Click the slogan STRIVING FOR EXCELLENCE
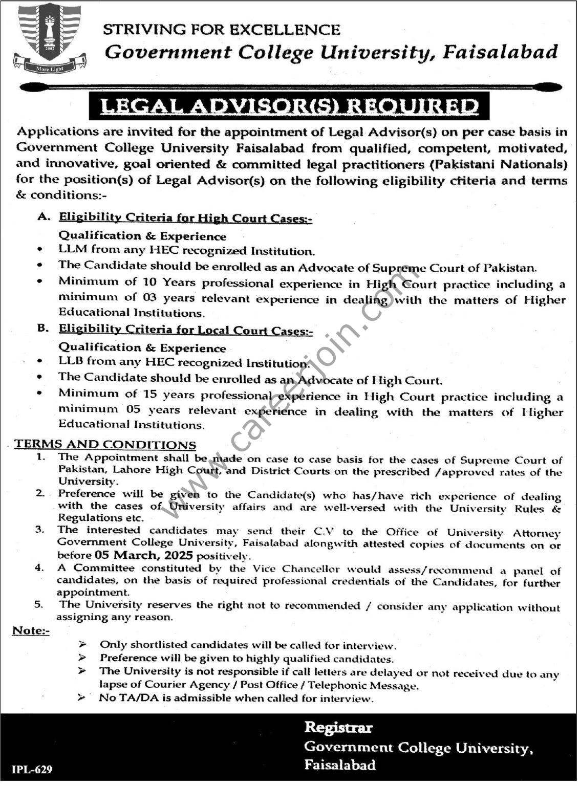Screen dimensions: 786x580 point(221,30)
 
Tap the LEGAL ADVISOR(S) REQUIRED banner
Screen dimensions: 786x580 point(289,106)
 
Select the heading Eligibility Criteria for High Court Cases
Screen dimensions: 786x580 point(185,218)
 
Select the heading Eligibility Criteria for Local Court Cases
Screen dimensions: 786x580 point(185,330)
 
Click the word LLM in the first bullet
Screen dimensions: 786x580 point(73,250)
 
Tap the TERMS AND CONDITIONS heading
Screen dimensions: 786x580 point(105,444)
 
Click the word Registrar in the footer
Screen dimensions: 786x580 point(338,728)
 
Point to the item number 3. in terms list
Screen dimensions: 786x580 point(39,531)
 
